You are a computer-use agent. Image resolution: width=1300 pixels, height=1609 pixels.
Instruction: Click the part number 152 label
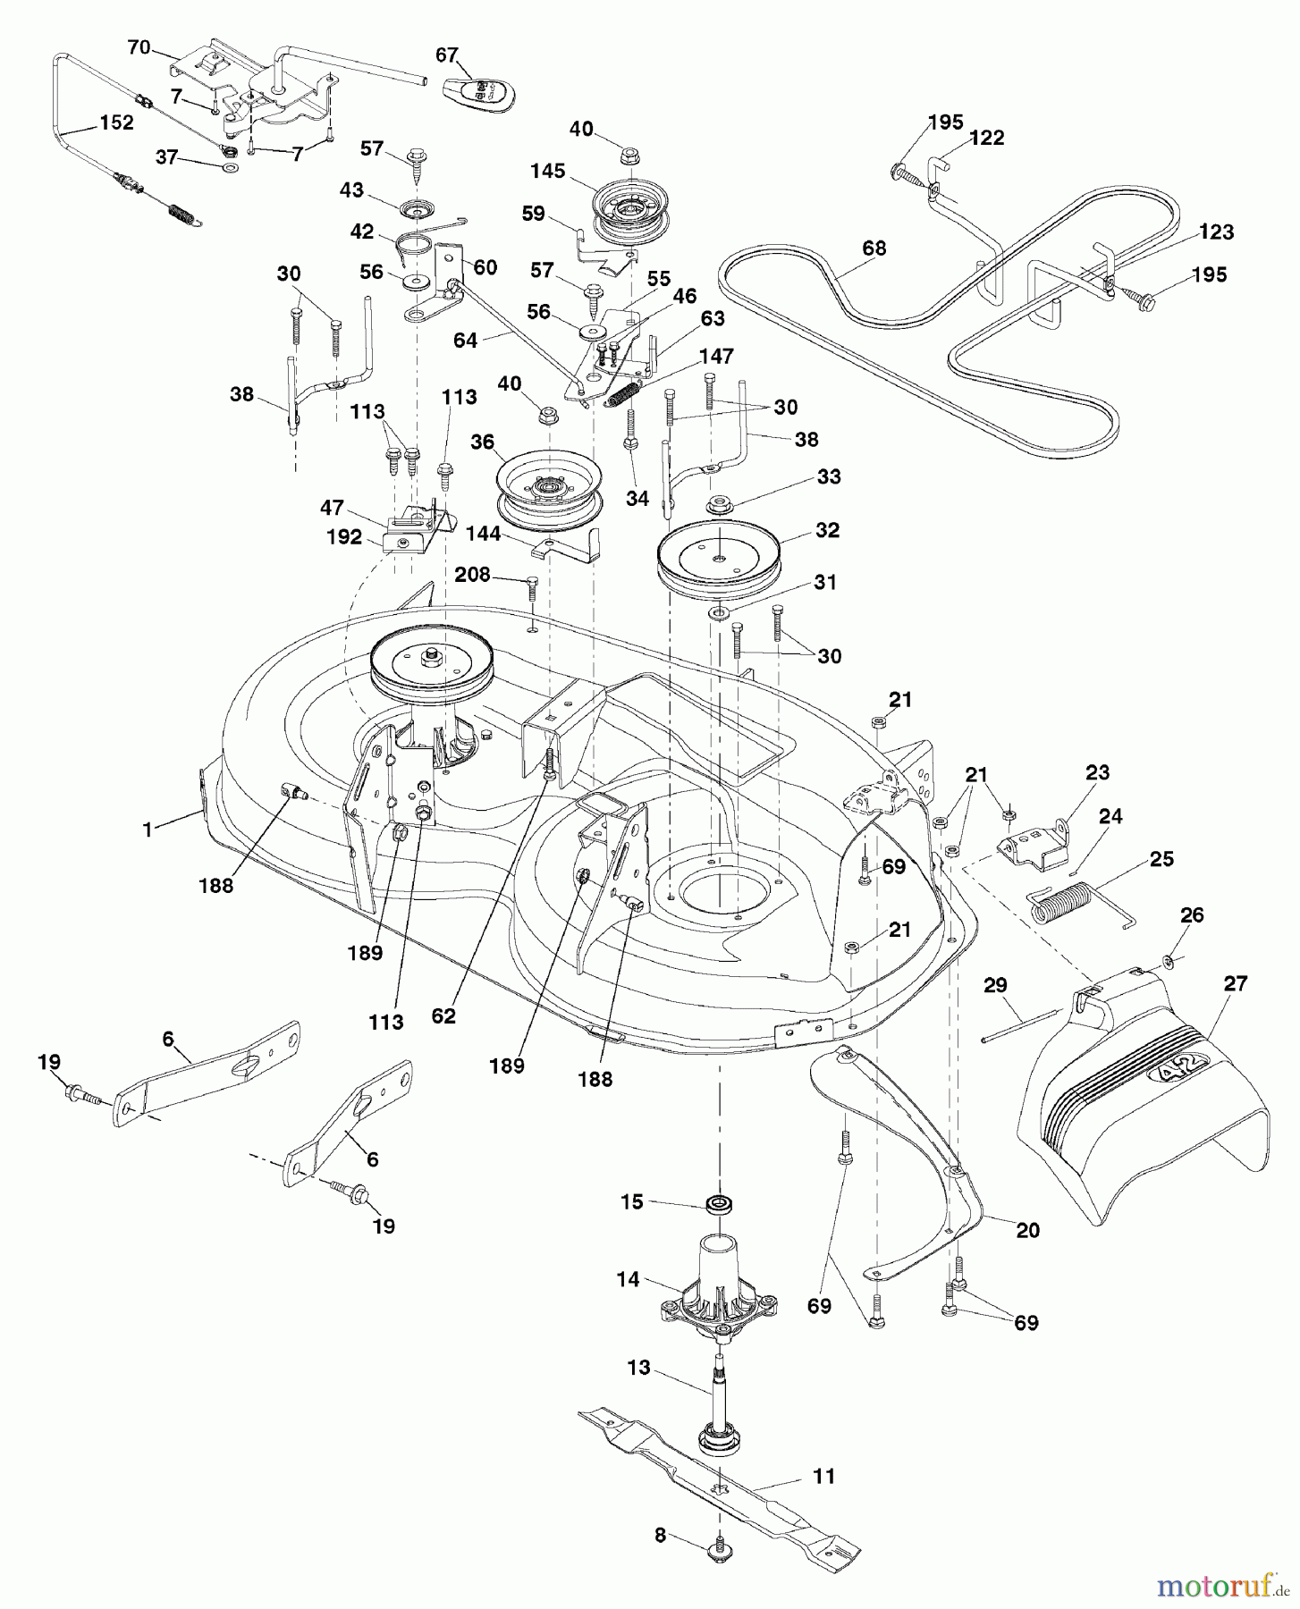(116, 122)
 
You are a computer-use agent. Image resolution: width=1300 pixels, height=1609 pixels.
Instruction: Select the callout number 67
(447, 55)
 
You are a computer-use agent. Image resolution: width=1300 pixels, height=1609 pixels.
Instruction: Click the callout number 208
(472, 575)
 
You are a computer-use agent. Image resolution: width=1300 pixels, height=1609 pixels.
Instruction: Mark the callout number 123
(1215, 232)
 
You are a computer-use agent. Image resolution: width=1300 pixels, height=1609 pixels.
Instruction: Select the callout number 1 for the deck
(147, 829)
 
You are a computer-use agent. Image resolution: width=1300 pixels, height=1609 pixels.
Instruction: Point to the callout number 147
(716, 356)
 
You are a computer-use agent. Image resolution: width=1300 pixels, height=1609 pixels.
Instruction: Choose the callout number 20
(1028, 1231)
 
